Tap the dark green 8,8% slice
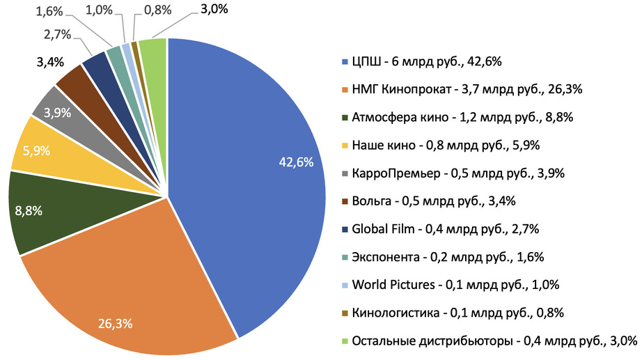point(49,209)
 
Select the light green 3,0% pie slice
point(154,52)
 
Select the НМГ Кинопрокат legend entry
point(467,91)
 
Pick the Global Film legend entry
point(446,229)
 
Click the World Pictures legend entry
point(456,285)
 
